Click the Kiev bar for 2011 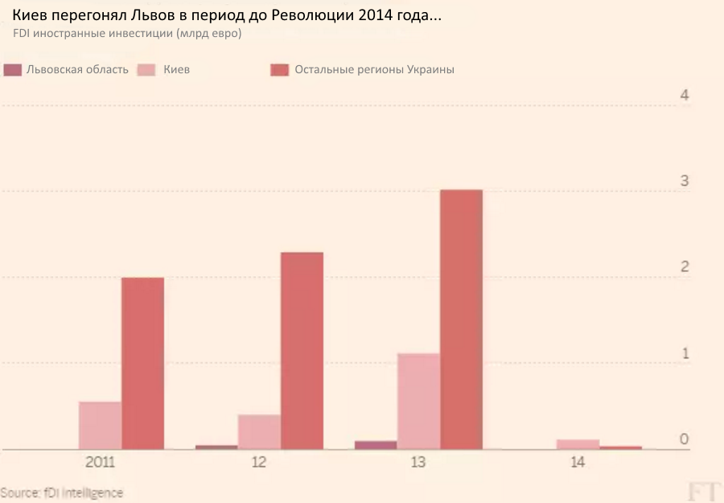coord(100,425)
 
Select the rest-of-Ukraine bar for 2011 coord(142,363)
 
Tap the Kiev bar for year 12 coord(259,431)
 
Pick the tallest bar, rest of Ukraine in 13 coord(461,319)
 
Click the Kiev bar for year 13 coord(418,401)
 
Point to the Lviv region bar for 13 coord(376,444)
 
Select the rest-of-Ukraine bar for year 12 coord(302,350)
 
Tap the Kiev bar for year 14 coord(578,443)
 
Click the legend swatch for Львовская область coord(12,70)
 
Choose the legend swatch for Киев coord(146,70)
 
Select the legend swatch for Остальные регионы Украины coord(279,70)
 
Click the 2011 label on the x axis coord(100,464)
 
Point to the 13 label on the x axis coord(418,464)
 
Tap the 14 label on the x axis coord(578,464)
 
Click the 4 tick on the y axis coord(685,95)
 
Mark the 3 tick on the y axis coord(685,181)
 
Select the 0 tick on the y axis coord(685,439)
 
